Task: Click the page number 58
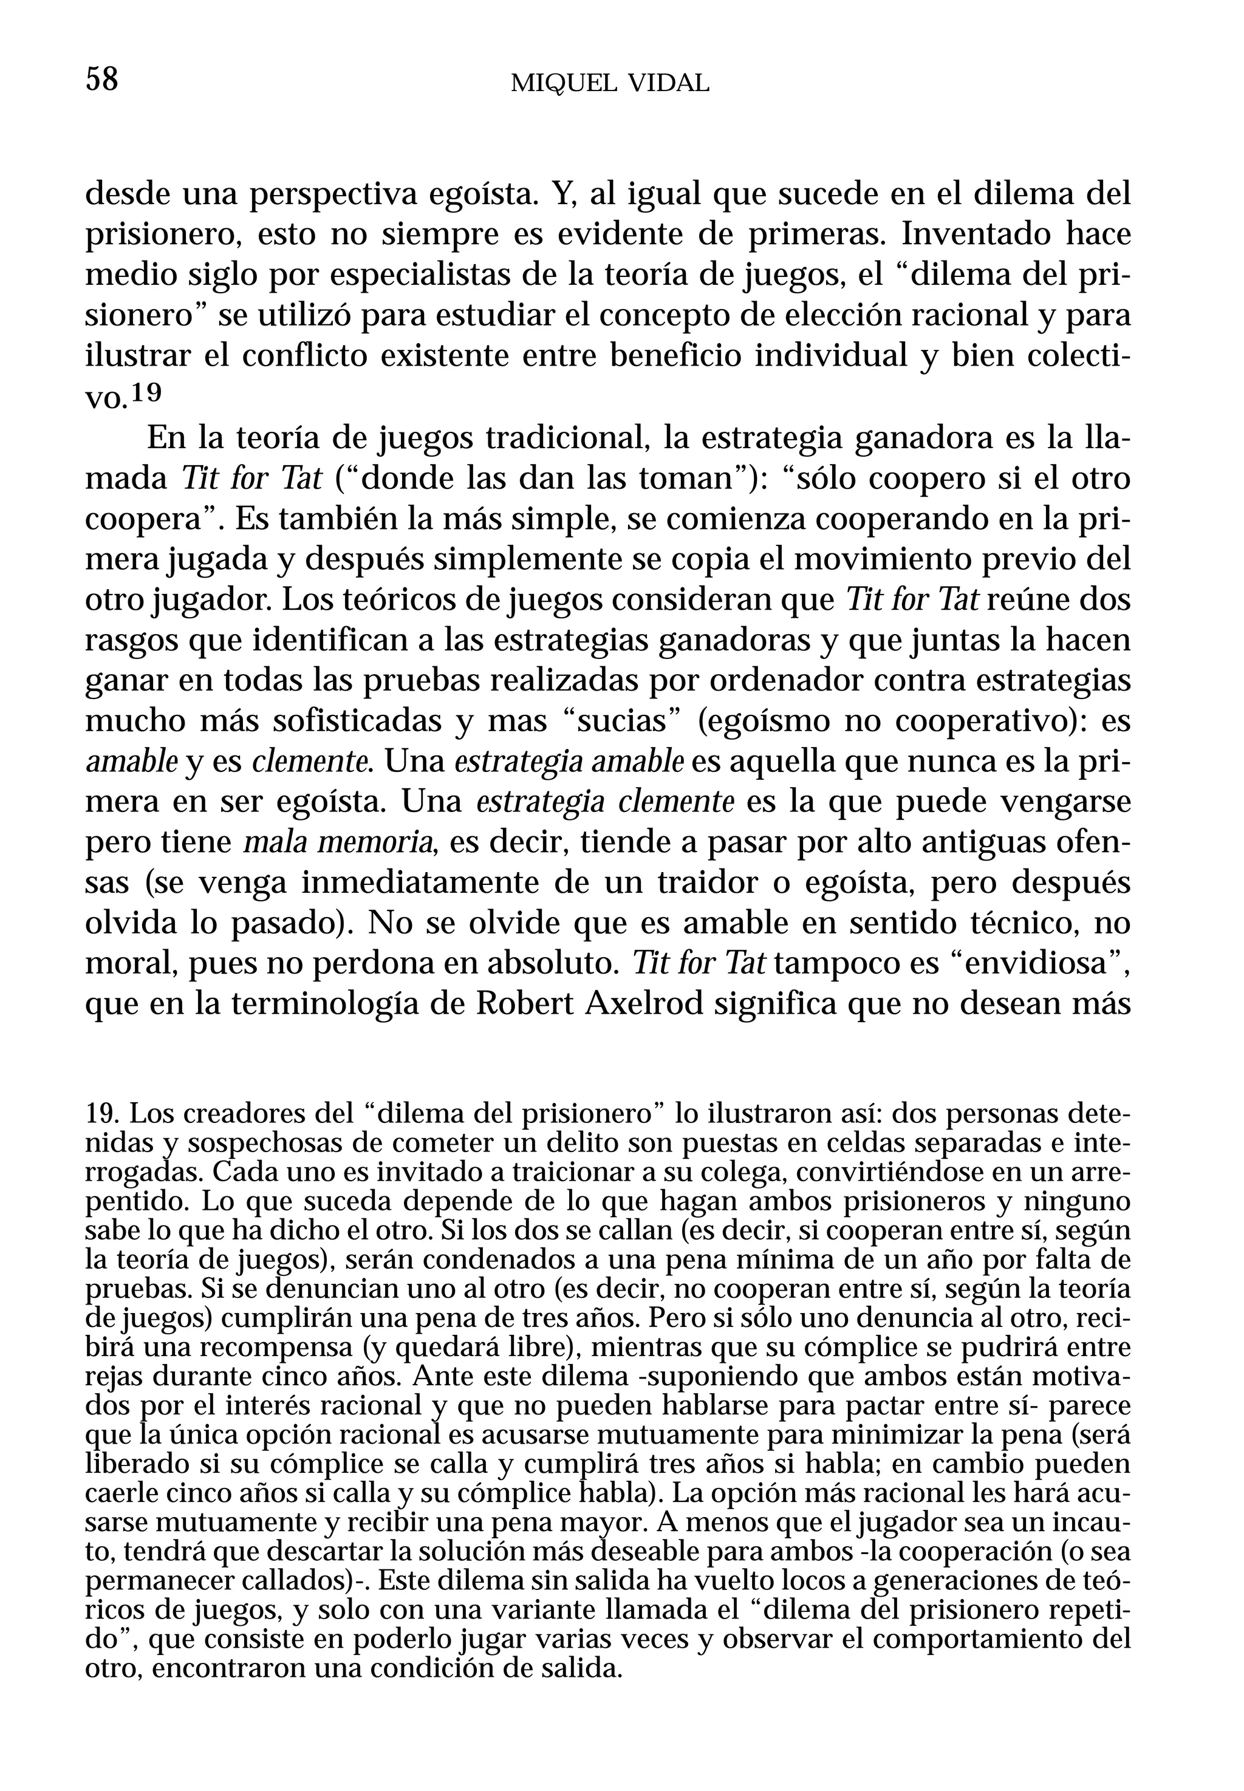[101, 80]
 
